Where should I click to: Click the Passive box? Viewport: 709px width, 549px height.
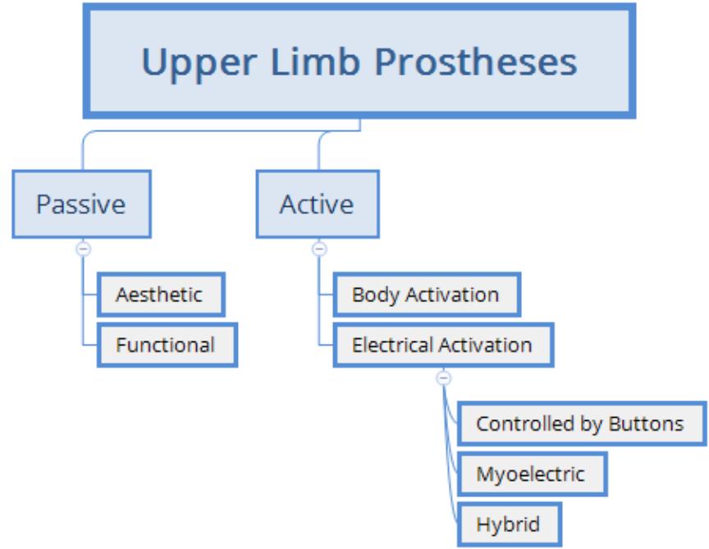coord(81,204)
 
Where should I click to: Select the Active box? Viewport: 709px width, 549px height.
coord(318,204)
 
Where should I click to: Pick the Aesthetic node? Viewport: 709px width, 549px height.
coord(160,295)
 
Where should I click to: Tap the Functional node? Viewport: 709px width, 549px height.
coord(166,344)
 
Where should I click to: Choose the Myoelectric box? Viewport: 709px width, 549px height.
coord(531,474)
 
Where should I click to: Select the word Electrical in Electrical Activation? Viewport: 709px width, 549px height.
coord(391,344)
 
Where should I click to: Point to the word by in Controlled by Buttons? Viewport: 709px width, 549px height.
coord(592,425)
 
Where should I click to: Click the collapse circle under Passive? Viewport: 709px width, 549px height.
coord(83,248)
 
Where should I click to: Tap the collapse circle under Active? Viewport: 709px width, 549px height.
coord(319,248)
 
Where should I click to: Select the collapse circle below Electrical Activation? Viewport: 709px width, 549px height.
coord(443,378)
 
